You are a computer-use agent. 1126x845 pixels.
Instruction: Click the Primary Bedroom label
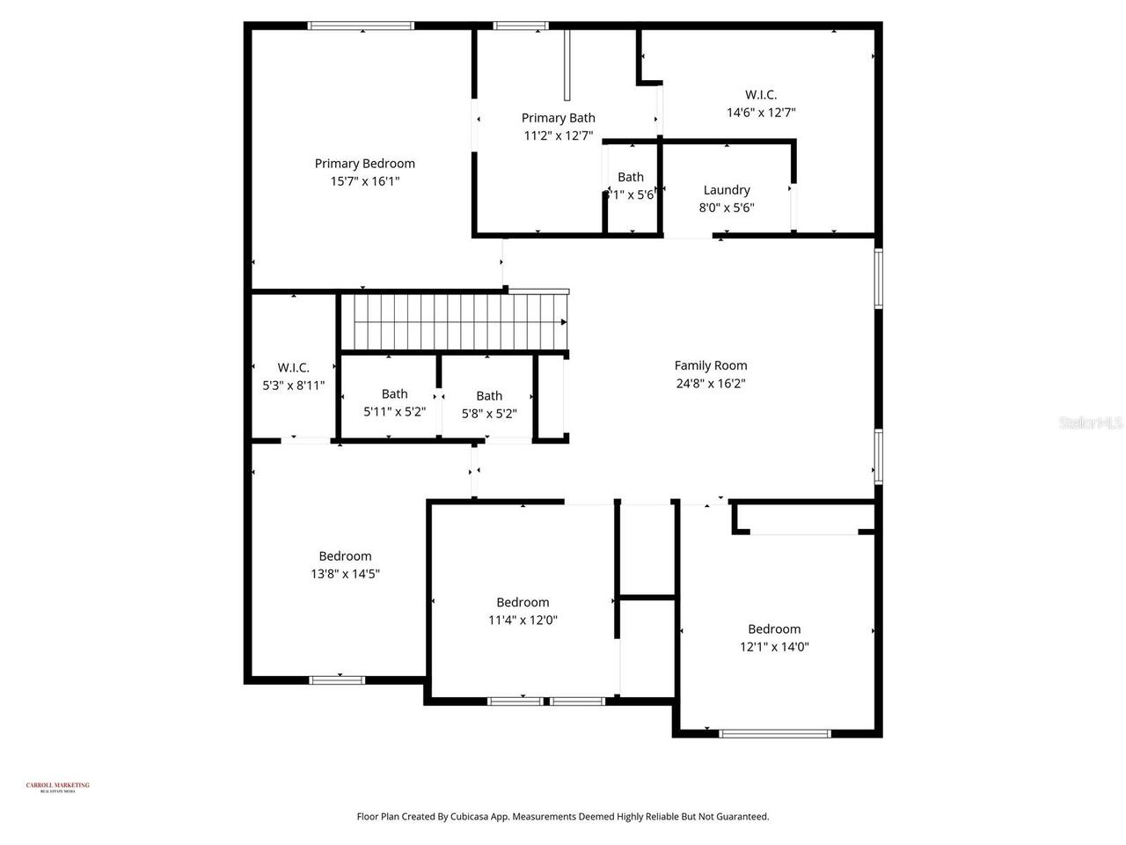click(x=364, y=163)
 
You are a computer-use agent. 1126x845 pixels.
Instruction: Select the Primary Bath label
click(x=558, y=118)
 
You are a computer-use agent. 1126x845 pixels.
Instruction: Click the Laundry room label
click(x=727, y=189)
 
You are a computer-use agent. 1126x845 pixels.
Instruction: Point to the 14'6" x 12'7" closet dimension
click(x=761, y=113)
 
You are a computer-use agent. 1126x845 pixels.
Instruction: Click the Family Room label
click(x=711, y=365)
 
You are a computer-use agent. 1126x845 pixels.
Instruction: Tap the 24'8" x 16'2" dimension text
click(x=711, y=384)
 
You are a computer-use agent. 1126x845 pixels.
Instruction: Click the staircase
click(x=453, y=322)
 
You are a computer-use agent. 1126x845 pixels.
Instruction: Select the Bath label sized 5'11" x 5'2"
click(x=394, y=393)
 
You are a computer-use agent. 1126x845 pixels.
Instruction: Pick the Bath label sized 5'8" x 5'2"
click(x=489, y=395)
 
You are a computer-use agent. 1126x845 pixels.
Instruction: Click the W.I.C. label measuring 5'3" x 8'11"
click(x=293, y=367)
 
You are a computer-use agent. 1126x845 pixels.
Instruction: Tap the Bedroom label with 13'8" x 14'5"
click(x=345, y=555)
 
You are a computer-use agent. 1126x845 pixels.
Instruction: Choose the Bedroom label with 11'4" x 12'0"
click(x=523, y=602)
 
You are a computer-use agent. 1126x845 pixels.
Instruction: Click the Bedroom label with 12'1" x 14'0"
click(x=774, y=628)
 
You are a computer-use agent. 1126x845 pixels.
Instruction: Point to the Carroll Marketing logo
click(x=57, y=787)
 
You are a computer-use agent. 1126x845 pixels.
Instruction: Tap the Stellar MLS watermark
click(x=1091, y=423)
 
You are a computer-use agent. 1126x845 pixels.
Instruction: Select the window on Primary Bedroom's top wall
click(x=361, y=26)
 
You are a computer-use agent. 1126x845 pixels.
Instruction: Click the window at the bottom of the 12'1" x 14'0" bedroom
click(x=774, y=732)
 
